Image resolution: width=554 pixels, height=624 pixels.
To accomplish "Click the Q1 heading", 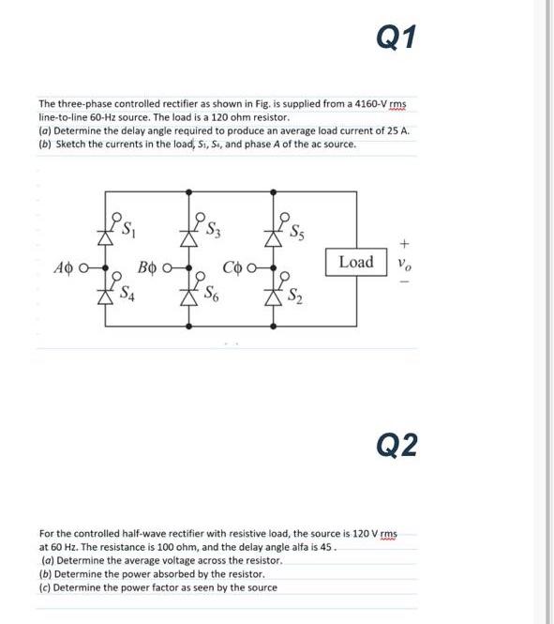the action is coord(396,38).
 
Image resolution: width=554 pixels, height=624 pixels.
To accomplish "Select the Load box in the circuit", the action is coord(355,262).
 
